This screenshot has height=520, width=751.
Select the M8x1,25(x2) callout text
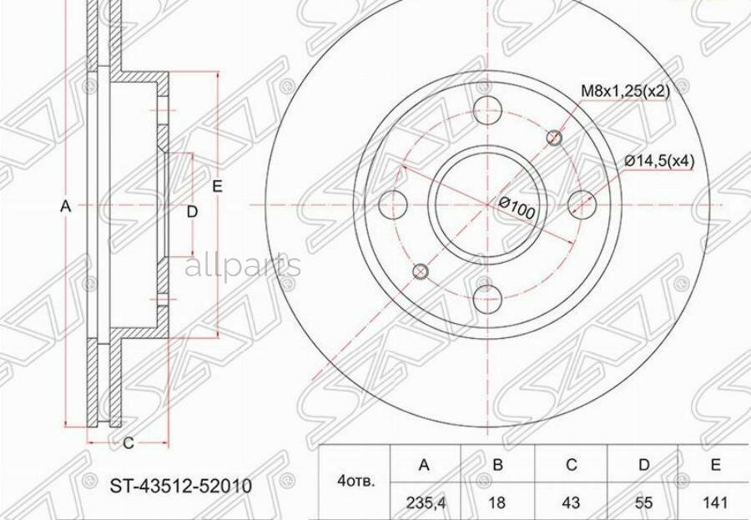[x=625, y=91]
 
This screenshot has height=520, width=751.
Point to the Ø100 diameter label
[x=517, y=207]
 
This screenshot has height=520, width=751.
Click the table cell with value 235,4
[x=425, y=502]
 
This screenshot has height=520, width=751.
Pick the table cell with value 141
[x=716, y=502]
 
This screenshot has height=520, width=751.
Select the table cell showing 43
[x=570, y=502]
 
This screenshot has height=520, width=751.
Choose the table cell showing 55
[x=643, y=502]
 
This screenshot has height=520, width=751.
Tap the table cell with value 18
[x=497, y=502]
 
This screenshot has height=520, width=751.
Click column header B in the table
[x=497, y=464]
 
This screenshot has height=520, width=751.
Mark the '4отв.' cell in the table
[x=356, y=482]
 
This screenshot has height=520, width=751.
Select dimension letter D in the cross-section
[x=192, y=212]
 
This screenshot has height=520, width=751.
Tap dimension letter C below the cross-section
[x=128, y=444]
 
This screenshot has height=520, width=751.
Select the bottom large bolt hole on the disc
[x=486, y=296]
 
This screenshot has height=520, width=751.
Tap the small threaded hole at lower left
[x=421, y=270]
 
